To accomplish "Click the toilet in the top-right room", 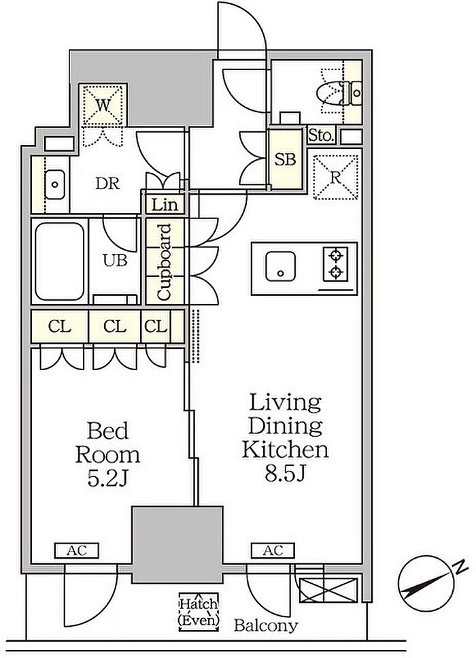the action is point(343,94).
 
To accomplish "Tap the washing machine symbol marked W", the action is point(103,105).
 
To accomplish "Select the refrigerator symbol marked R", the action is point(335,177).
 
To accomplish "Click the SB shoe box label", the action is point(285,159).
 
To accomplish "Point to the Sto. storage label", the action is point(321,135).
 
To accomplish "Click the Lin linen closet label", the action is point(165,205).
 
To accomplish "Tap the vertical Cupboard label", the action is point(164,262).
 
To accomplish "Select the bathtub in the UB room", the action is point(60,261).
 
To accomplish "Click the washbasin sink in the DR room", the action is point(54,184).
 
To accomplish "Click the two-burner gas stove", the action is point(335,264).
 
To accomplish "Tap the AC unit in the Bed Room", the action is point(77,550).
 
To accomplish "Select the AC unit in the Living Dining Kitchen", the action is point(273,550).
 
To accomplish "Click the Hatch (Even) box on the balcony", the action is point(199,612).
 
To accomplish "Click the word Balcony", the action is point(266,625).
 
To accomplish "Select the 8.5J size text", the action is point(284,473).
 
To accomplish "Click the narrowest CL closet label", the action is point(156,326).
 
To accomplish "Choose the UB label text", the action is point(115,261).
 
